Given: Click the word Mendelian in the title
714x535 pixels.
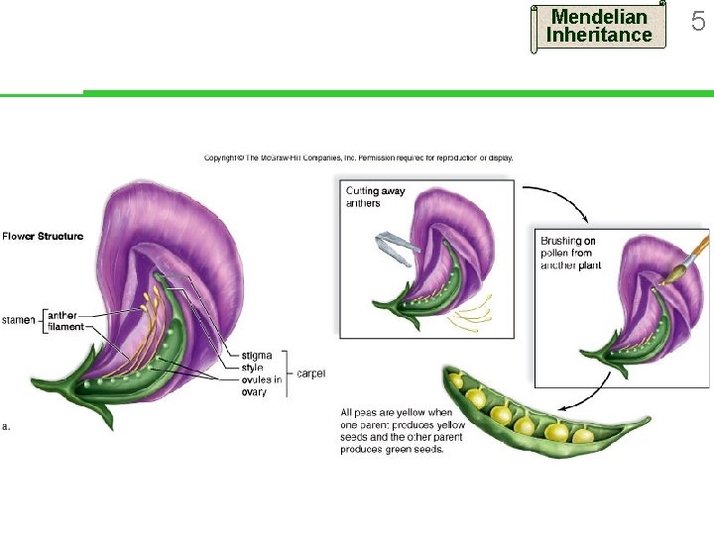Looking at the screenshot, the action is [599, 17].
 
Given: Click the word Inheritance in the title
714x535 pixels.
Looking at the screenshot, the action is [599, 36].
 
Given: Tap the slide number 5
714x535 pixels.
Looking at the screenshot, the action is [697, 21].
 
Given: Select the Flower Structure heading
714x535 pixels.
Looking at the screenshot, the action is [43, 237].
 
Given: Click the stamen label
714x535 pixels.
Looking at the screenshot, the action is [18, 320].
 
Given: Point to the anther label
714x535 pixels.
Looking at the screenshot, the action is [62, 315].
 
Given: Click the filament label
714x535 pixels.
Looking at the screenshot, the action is [66, 327].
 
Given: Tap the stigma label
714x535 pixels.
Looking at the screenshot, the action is [258, 355].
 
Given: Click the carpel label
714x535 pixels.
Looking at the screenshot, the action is [310, 374].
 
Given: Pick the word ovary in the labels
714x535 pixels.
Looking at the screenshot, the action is [254, 392].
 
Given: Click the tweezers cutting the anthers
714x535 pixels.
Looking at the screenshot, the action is [395, 246].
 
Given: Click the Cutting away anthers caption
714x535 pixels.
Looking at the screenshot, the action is [376, 197].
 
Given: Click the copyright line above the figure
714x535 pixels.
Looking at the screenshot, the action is [358, 158].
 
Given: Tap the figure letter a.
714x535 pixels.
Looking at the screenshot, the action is [5, 427].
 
